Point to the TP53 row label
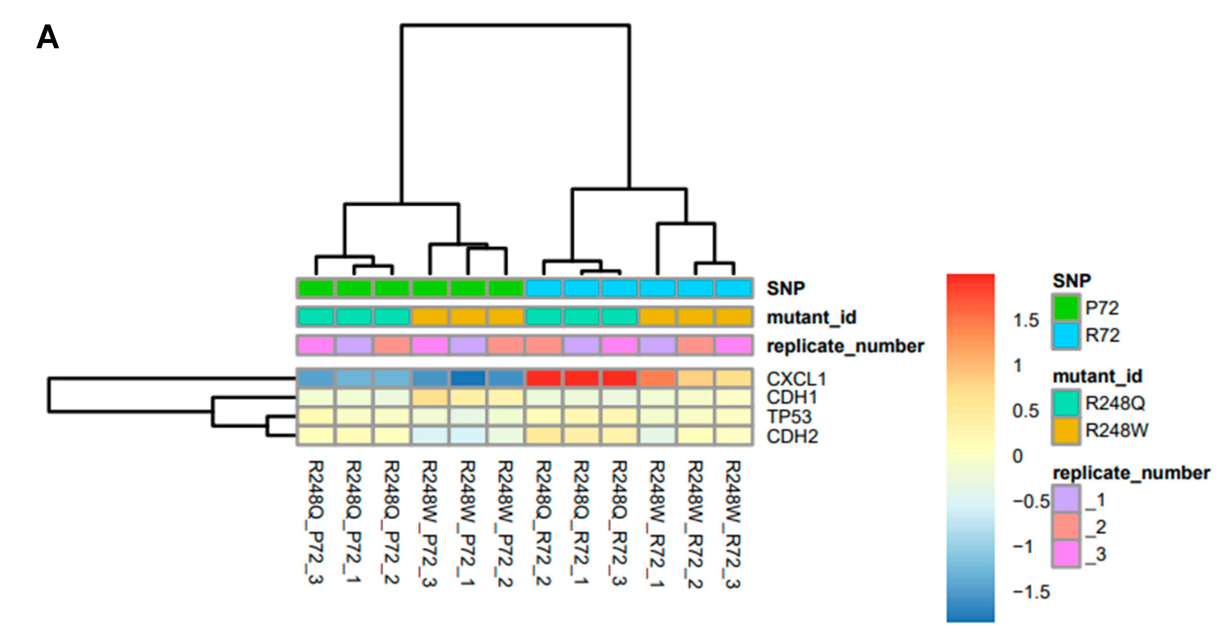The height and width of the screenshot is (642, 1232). [x=789, y=417]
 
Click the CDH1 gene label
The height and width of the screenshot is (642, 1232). [x=792, y=397]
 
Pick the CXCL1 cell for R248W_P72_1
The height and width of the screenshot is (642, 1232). [x=468, y=378]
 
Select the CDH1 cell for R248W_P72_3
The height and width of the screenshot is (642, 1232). [x=430, y=397]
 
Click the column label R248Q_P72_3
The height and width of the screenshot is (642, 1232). [x=316, y=522]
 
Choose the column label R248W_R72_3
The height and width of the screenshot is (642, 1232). [x=733, y=524]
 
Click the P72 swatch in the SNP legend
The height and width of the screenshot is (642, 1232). [x=1066, y=308]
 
